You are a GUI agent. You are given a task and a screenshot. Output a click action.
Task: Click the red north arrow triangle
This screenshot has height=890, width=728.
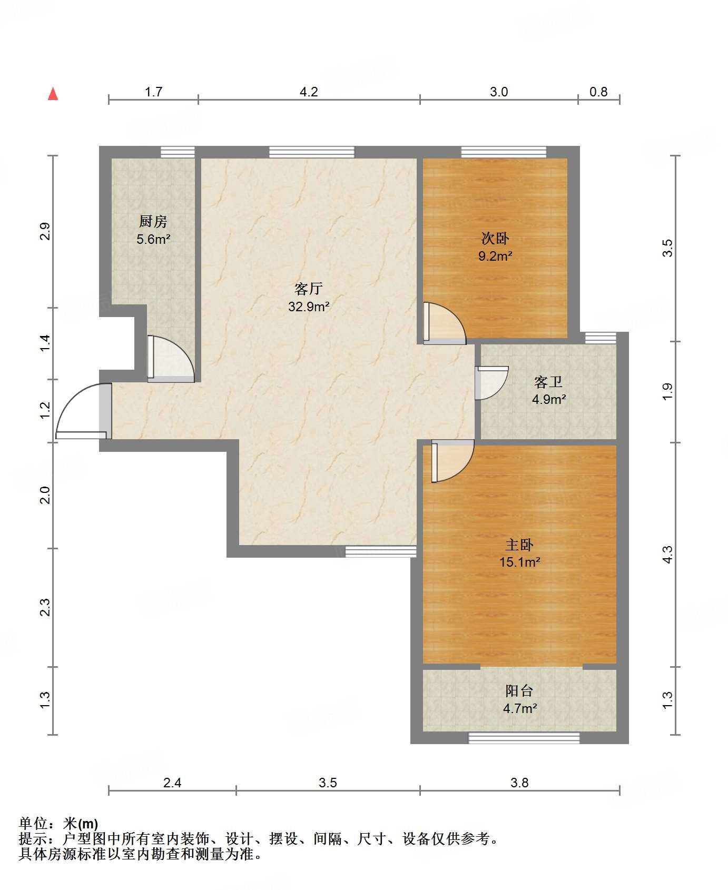(53, 94)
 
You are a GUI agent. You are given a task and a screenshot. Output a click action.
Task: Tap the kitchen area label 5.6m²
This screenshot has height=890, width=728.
(153, 240)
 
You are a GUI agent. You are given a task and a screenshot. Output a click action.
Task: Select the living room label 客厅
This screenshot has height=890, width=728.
(309, 289)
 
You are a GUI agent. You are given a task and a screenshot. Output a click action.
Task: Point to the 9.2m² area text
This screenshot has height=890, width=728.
(495, 256)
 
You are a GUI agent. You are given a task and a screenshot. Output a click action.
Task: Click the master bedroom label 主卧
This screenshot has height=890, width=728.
(519, 545)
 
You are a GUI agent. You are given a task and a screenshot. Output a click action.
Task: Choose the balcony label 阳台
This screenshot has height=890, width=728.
(519, 690)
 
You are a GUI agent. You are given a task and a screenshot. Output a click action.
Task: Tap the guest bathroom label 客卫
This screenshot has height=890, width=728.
(548, 382)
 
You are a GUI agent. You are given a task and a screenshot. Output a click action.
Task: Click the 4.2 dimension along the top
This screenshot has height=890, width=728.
(309, 92)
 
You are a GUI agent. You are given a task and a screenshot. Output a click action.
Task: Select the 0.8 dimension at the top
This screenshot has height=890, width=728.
(598, 92)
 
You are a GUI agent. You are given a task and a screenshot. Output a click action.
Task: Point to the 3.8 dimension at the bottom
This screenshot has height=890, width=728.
(519, 783)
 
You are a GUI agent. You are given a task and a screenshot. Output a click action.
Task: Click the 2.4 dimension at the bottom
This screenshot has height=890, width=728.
(172, 783)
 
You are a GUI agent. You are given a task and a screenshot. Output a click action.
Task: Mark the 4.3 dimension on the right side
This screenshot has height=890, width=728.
(667, 555)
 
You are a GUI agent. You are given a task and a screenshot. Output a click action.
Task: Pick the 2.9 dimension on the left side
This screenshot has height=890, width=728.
(45, 232)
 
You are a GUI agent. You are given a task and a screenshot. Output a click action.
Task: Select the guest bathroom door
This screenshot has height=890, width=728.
(491, 383)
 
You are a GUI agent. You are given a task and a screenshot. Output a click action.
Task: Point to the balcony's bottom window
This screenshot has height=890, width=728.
(524, 737)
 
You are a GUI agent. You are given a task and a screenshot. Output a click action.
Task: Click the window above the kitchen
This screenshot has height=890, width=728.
(178, 152)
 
